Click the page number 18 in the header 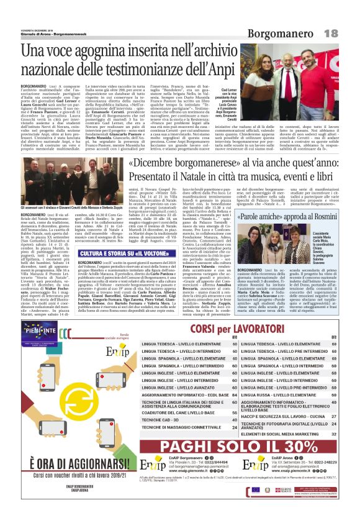347,32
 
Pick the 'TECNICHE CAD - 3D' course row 160,419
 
